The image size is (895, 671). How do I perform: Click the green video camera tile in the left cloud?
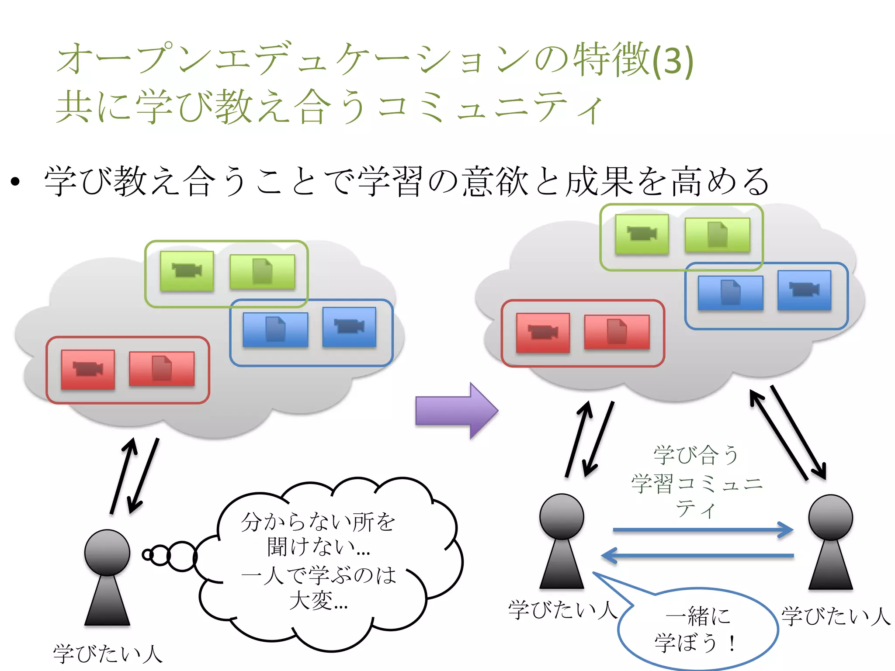pyautogui.click(x=187, y=271)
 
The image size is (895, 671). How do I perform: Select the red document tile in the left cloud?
pyautogui.click(x=162, y=368)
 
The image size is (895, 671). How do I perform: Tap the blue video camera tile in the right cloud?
pyautogui.click(x=804, y=290)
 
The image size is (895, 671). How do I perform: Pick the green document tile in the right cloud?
pyautogui.click(x=717, y=235)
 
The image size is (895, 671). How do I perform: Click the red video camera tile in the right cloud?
pyautogui.click(x=543, y=332)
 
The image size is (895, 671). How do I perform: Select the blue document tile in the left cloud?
pyautogui.click(x=275, y=329)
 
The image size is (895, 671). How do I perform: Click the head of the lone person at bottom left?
pyautogui.click(x=107, y=552)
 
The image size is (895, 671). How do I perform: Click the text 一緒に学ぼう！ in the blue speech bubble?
pyautogui.click(x=697, y=629)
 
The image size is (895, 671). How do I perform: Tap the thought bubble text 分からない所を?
pyautogui.click(x=318, y=522)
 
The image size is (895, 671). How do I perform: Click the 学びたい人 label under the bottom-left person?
pyautogui.click(x=108, y=654)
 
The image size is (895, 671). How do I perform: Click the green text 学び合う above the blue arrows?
pyautogui.click(x=696, y=454)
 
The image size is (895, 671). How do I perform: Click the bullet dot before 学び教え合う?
pyautogui.click(x=16, y=182)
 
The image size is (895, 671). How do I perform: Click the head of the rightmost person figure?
pyautogui.click(x=830, y=517)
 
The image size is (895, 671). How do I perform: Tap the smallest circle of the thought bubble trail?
pyautogui.click(x=148, y=555)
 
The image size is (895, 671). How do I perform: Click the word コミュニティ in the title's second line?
pyautogui.click(x=489, y=107)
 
